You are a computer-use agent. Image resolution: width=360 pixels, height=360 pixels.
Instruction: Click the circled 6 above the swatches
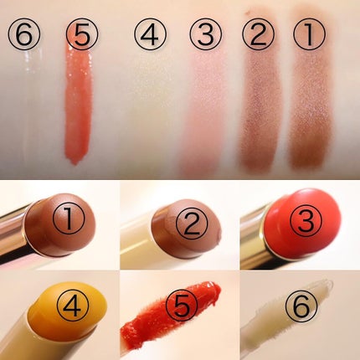[x=23, y=35]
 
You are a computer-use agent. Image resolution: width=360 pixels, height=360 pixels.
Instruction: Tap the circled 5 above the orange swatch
[x=82, y=35]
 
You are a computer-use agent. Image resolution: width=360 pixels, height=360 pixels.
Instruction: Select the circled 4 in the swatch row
[x=150, y=35]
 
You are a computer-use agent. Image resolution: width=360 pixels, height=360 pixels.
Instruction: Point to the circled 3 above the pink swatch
[x=206, y=35]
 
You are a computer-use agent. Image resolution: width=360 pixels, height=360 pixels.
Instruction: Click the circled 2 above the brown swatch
[x=258, y=33]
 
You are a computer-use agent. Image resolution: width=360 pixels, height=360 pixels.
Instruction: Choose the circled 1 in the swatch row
[x=310, y=34]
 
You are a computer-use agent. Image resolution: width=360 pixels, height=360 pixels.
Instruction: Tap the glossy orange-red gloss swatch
[x=79, y=103]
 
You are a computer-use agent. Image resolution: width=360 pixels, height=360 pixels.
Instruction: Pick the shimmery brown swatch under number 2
[x=261, y=109]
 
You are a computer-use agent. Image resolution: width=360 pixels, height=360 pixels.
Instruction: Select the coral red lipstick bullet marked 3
[x=303, y=219]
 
